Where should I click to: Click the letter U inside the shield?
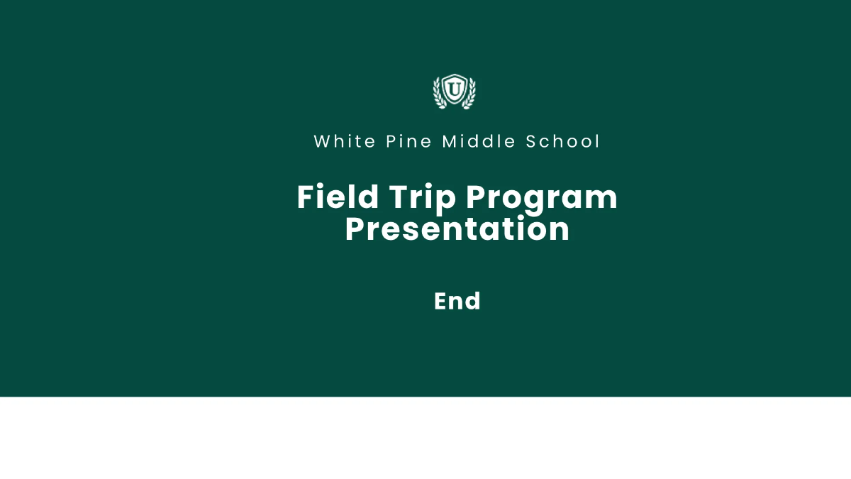[454, 90]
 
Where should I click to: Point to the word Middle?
[479, 141]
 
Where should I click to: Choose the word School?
[564, 141]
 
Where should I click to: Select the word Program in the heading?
[541, 198]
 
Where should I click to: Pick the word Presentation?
[457, 229]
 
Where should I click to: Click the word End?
[457, 301]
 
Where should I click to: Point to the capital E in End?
[441, 301]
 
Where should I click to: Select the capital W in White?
[322, 141]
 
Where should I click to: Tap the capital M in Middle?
[450, 141]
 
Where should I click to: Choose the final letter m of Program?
[604, 199]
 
